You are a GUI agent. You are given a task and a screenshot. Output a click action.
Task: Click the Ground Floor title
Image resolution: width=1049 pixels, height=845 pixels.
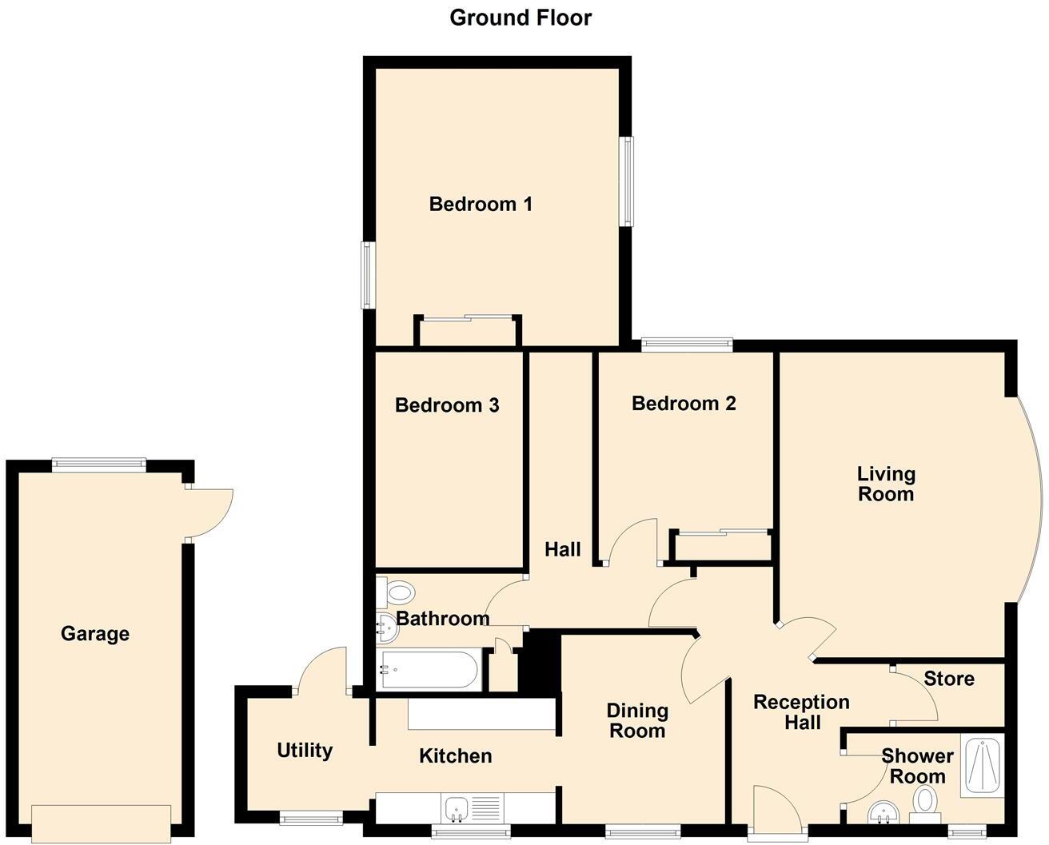[521, 18]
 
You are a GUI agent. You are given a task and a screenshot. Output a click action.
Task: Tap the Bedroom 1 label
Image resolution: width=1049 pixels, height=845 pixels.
[481, 204]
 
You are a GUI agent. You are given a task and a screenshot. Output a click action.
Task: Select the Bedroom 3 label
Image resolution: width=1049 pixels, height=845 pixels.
[447, 405]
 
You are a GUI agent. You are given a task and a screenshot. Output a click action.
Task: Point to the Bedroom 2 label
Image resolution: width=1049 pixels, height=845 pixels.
[684, 403]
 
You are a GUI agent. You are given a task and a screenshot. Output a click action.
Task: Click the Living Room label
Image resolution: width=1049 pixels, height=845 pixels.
[886, 484]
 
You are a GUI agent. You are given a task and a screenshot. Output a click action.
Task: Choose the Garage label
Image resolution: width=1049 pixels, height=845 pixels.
[95, 634]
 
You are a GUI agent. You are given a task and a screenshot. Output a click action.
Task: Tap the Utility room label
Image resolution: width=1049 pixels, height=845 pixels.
[305, 750]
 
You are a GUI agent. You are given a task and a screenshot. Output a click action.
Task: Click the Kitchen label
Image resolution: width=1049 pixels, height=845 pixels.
[456, 755]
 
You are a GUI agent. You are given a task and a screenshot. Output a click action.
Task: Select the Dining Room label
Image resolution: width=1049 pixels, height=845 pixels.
[637, 720]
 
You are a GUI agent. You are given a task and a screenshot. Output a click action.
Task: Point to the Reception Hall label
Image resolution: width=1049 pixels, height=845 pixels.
[802, 712]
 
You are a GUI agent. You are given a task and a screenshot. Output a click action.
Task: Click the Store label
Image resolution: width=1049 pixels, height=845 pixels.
[949, 679]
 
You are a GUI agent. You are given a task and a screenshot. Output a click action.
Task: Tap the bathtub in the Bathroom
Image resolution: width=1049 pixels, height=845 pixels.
[429, 671]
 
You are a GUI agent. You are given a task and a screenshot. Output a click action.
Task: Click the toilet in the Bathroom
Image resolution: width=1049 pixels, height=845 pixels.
[397, 593]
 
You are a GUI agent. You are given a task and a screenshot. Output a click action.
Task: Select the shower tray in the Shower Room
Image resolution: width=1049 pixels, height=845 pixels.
[981, 767]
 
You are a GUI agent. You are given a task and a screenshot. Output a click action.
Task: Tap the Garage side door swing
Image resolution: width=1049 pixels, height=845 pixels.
[208, 513]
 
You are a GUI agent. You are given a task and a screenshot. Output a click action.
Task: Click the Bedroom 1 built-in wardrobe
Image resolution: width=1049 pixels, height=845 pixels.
[469, 332]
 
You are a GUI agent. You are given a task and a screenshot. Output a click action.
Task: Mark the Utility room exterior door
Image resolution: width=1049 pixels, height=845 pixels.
[322, 672]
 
